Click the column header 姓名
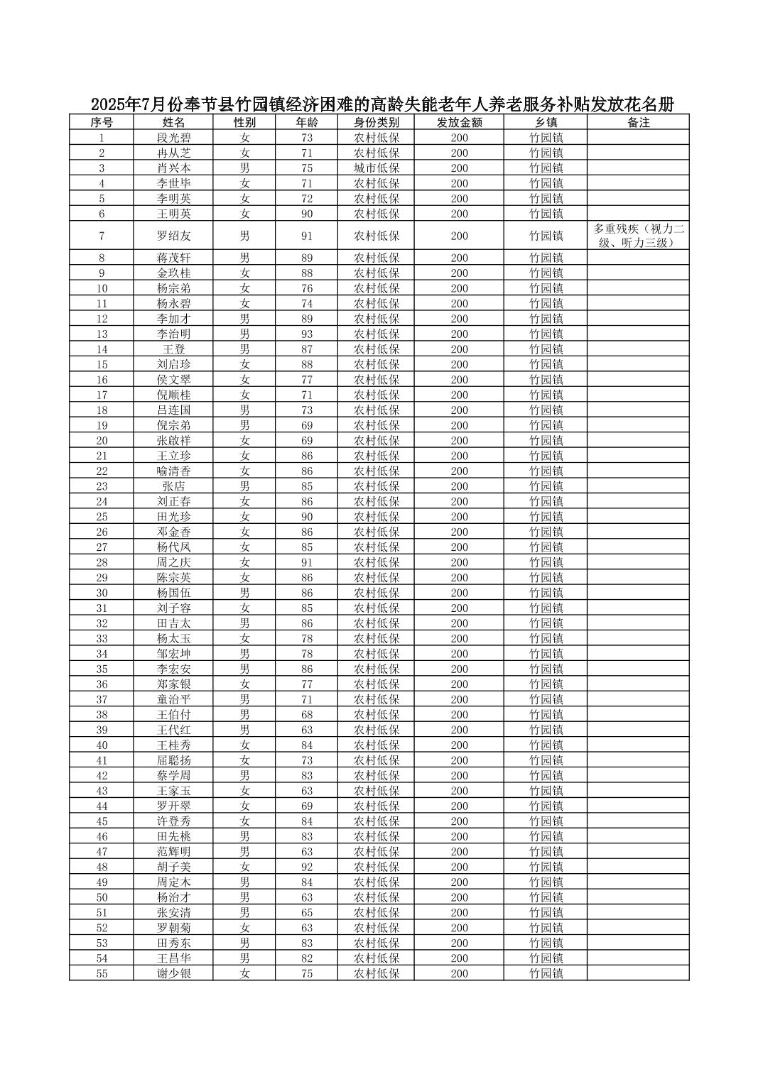point(173,122)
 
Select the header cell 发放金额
point(459,122)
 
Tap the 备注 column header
point(638,122)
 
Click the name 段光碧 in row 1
point(173,138)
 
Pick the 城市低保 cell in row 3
point(377,168)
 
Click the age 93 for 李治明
point(306,334)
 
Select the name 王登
point(173,349)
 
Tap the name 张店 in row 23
point(173,486)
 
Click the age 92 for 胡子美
point(306,867)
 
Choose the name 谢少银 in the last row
point(173,973)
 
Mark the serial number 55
point(102,973)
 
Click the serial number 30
point(102,593)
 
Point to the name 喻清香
point(173,471)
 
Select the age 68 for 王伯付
point(306,715)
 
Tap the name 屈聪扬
point(173,760)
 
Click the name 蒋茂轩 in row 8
point(173,258)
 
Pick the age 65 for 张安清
point(306,913)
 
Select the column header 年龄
point(306,122)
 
